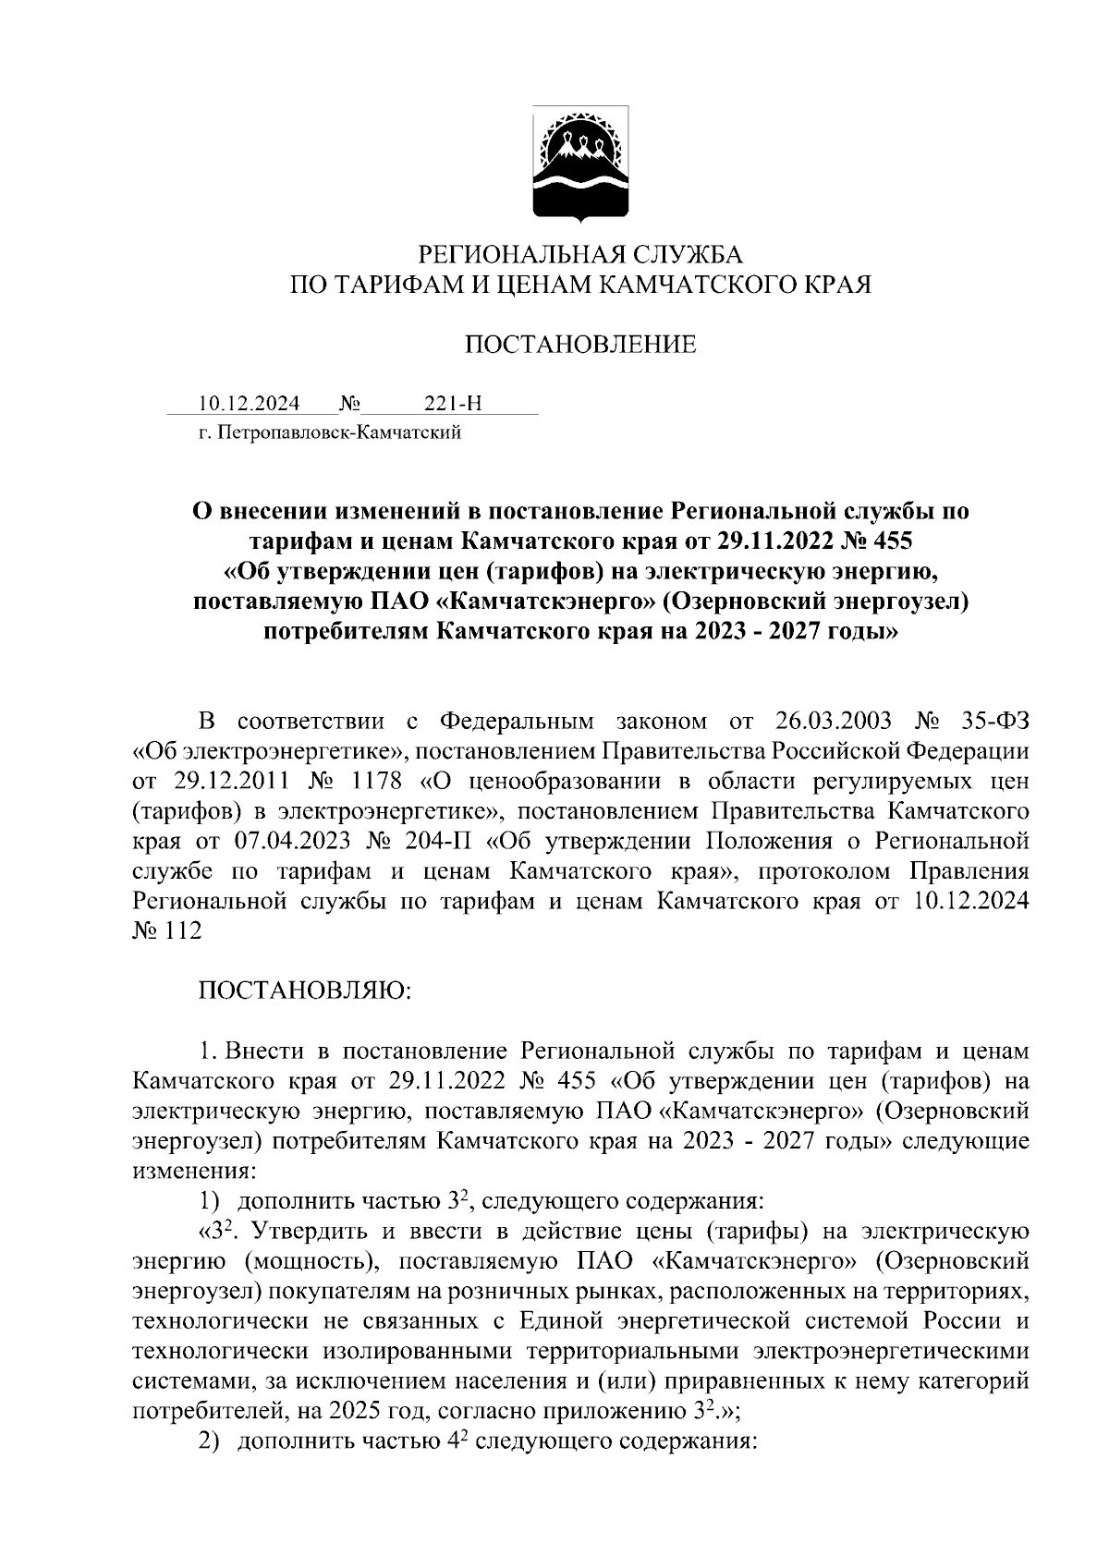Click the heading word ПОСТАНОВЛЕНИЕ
[579, 346]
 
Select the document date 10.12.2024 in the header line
[248, 404]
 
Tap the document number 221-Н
[453, 404]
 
